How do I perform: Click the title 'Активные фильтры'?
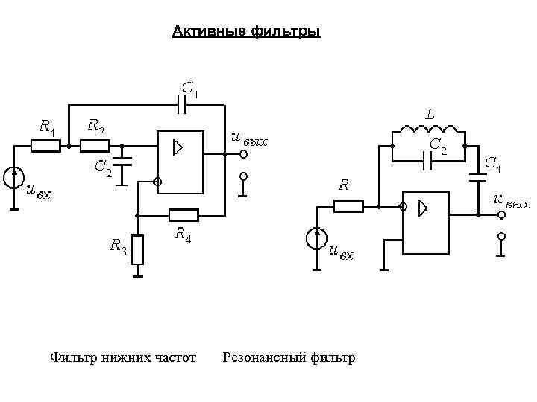coord(246,32)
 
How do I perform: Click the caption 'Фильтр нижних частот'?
coord(123,358)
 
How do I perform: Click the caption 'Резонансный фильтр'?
coord(289,358)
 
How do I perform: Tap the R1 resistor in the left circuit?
coord(45,146)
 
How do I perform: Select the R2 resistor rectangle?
coord(95,146)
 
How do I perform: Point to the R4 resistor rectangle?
coord(183,216)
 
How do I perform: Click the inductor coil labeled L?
coord(429,133)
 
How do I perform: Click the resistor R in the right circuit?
coord(348,205)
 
